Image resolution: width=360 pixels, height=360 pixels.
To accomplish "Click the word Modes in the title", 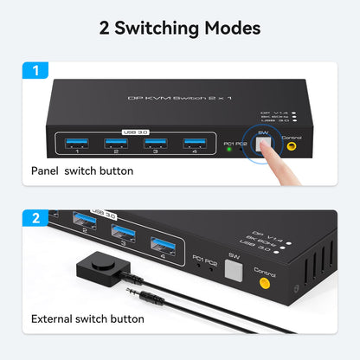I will [232, 28].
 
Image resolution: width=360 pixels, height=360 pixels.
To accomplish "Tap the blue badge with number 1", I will [35, 67].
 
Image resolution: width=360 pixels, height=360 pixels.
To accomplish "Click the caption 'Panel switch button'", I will [83, 170].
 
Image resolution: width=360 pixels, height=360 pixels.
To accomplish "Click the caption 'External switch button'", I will [88, 318].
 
